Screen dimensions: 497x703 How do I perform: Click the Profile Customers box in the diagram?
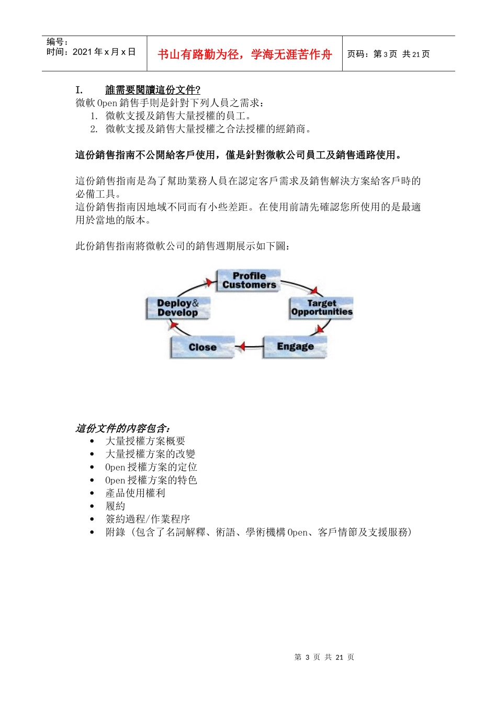(x=249, y=280)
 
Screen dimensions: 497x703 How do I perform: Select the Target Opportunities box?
(x=321, y=308)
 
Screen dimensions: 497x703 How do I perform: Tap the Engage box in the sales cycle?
(x=295, y=347)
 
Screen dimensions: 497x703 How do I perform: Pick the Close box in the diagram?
(x=202, y=347)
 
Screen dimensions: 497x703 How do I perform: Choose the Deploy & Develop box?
(x=178, y=308)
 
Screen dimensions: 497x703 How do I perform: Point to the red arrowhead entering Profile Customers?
(x=209, y=283)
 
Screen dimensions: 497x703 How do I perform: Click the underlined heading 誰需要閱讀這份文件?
(x=153, y=90)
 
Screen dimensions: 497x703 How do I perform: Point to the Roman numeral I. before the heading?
(x=79, y=90)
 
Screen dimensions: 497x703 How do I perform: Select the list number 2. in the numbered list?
(x=94, y=129)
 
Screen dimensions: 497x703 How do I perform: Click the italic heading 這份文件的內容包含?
(x=123, y=428)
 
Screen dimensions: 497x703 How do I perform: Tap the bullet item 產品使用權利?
(x=135, y=493)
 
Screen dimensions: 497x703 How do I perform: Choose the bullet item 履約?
(x=115, y=506)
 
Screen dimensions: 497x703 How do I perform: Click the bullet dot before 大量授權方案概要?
(x=92, y=441)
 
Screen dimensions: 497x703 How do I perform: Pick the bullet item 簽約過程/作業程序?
(x=148, y=519)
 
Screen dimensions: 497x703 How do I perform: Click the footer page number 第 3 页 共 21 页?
(x=324, y=657)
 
